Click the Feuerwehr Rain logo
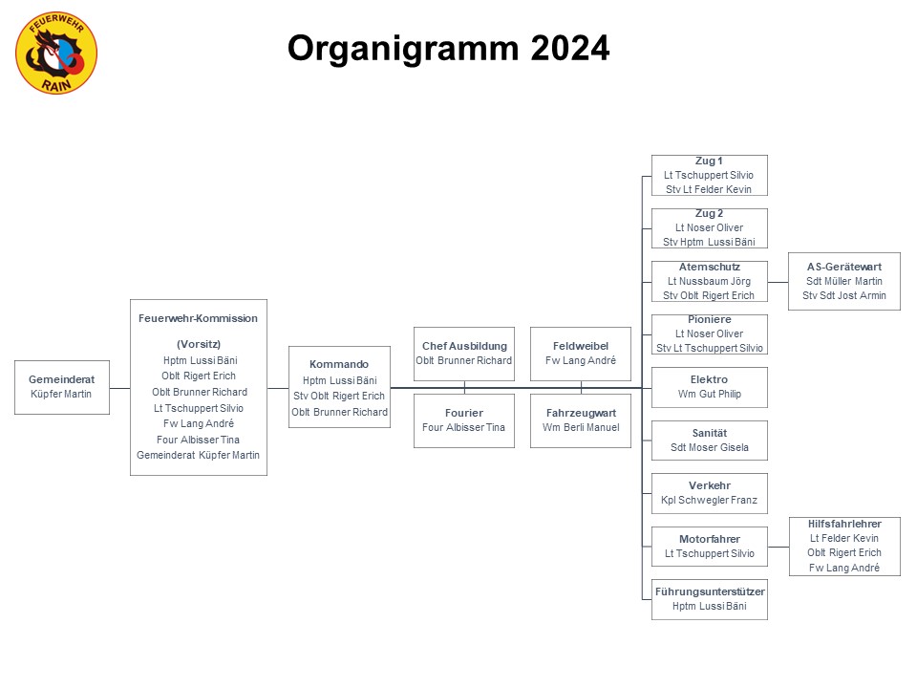pyautogui.click(x=56, y=54)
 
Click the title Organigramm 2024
pyautogui.click(x=449, y=48)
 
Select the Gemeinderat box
pyautogui.click(x=62, y=387)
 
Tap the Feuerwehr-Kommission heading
pyautogui.click(x=198, y=318)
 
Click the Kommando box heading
pyautogui.click(x=339, y=364)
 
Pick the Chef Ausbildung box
pyautogui.click(x=464, y=354)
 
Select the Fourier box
pyautogui.click(x=464, y=420)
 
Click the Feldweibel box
pyautogui.click(x=581, y=354)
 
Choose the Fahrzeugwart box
pyautogui.click(x=581, y=420)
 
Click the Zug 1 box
pyautogui.click(x=710, y=176)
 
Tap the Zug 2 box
pyautogui.click(x=710, y=228)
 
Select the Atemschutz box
pyautogui.click(x=710, y=281)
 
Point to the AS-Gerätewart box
pyautogui.click(x=844, y=281)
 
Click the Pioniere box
pyautogui.click(x=710, y=334)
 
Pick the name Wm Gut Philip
pyautogui.click(x=710, y=395)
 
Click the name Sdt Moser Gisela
pyautogui.click(x=710, y=447)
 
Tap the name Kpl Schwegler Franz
pyautogui.click(x=710, y=500)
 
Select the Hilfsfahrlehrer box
pyautogui.click(x=844, y=547)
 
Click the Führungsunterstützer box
pyautogui.click(x=710, y=600)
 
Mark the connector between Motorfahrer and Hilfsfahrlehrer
pyautogui.click(x=778, y=547)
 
